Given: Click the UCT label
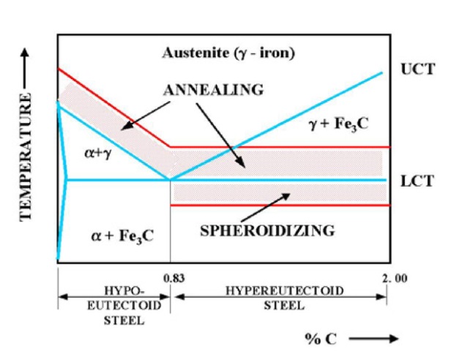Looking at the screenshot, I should tap(418, 70).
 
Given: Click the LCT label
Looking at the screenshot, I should tap(418, 180).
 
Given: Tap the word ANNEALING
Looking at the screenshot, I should tap(212, 91).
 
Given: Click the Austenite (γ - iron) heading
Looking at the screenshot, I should tap(228, 55).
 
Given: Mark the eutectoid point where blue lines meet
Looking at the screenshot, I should tap(171, 179).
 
